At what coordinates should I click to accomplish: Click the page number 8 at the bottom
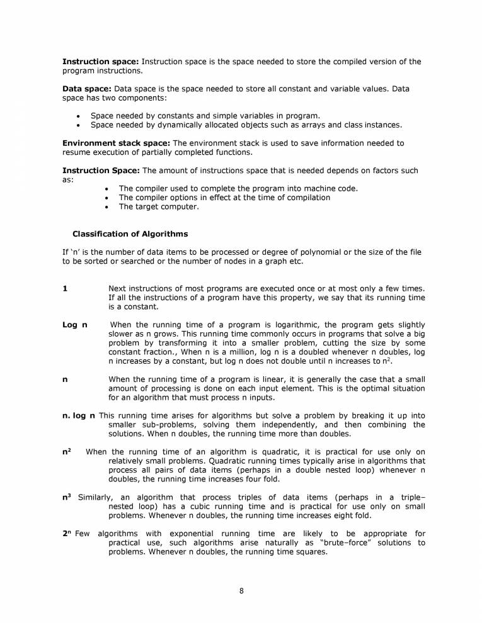[x=241, y=590]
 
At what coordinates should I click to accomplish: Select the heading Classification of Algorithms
[x=130, y=234]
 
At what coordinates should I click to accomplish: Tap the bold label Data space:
[x=87, y=89]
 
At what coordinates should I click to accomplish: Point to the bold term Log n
[x=74, y=324]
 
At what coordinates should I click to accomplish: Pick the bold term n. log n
[x=79, y=415]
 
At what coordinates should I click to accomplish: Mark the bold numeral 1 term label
[x=64, y=288]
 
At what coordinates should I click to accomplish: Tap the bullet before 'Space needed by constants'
[x=77, y=116]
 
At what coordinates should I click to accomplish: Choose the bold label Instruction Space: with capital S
[x=101, y=171]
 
